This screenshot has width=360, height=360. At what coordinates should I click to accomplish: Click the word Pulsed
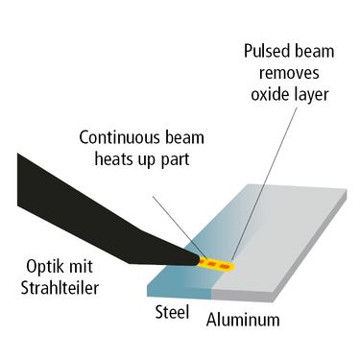(x=267, y=52)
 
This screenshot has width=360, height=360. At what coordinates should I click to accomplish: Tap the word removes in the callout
(x=289, y=73)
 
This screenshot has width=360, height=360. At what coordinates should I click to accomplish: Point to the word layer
(x=309, y=95)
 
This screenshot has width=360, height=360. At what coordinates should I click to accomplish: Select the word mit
(x=82, y=267)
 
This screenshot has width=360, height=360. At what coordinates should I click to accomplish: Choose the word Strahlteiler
(x=60, y=288)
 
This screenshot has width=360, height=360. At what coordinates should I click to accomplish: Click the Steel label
(x=172, y=312)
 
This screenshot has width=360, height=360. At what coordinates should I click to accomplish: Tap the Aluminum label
(x=243, y=320)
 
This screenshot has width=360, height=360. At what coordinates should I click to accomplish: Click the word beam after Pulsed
(x=315, y=52)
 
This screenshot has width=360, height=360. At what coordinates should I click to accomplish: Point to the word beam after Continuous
(x=184, y=137)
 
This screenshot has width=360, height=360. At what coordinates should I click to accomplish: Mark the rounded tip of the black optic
(x=198, y=259)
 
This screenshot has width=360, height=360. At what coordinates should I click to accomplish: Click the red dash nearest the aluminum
(x=225, y=266)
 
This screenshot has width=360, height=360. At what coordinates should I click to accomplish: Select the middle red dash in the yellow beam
(x=213, y=264)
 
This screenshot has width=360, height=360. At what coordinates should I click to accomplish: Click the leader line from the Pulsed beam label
(x=264, y=183)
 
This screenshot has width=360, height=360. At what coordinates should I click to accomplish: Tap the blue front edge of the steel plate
(x=180, y=292)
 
